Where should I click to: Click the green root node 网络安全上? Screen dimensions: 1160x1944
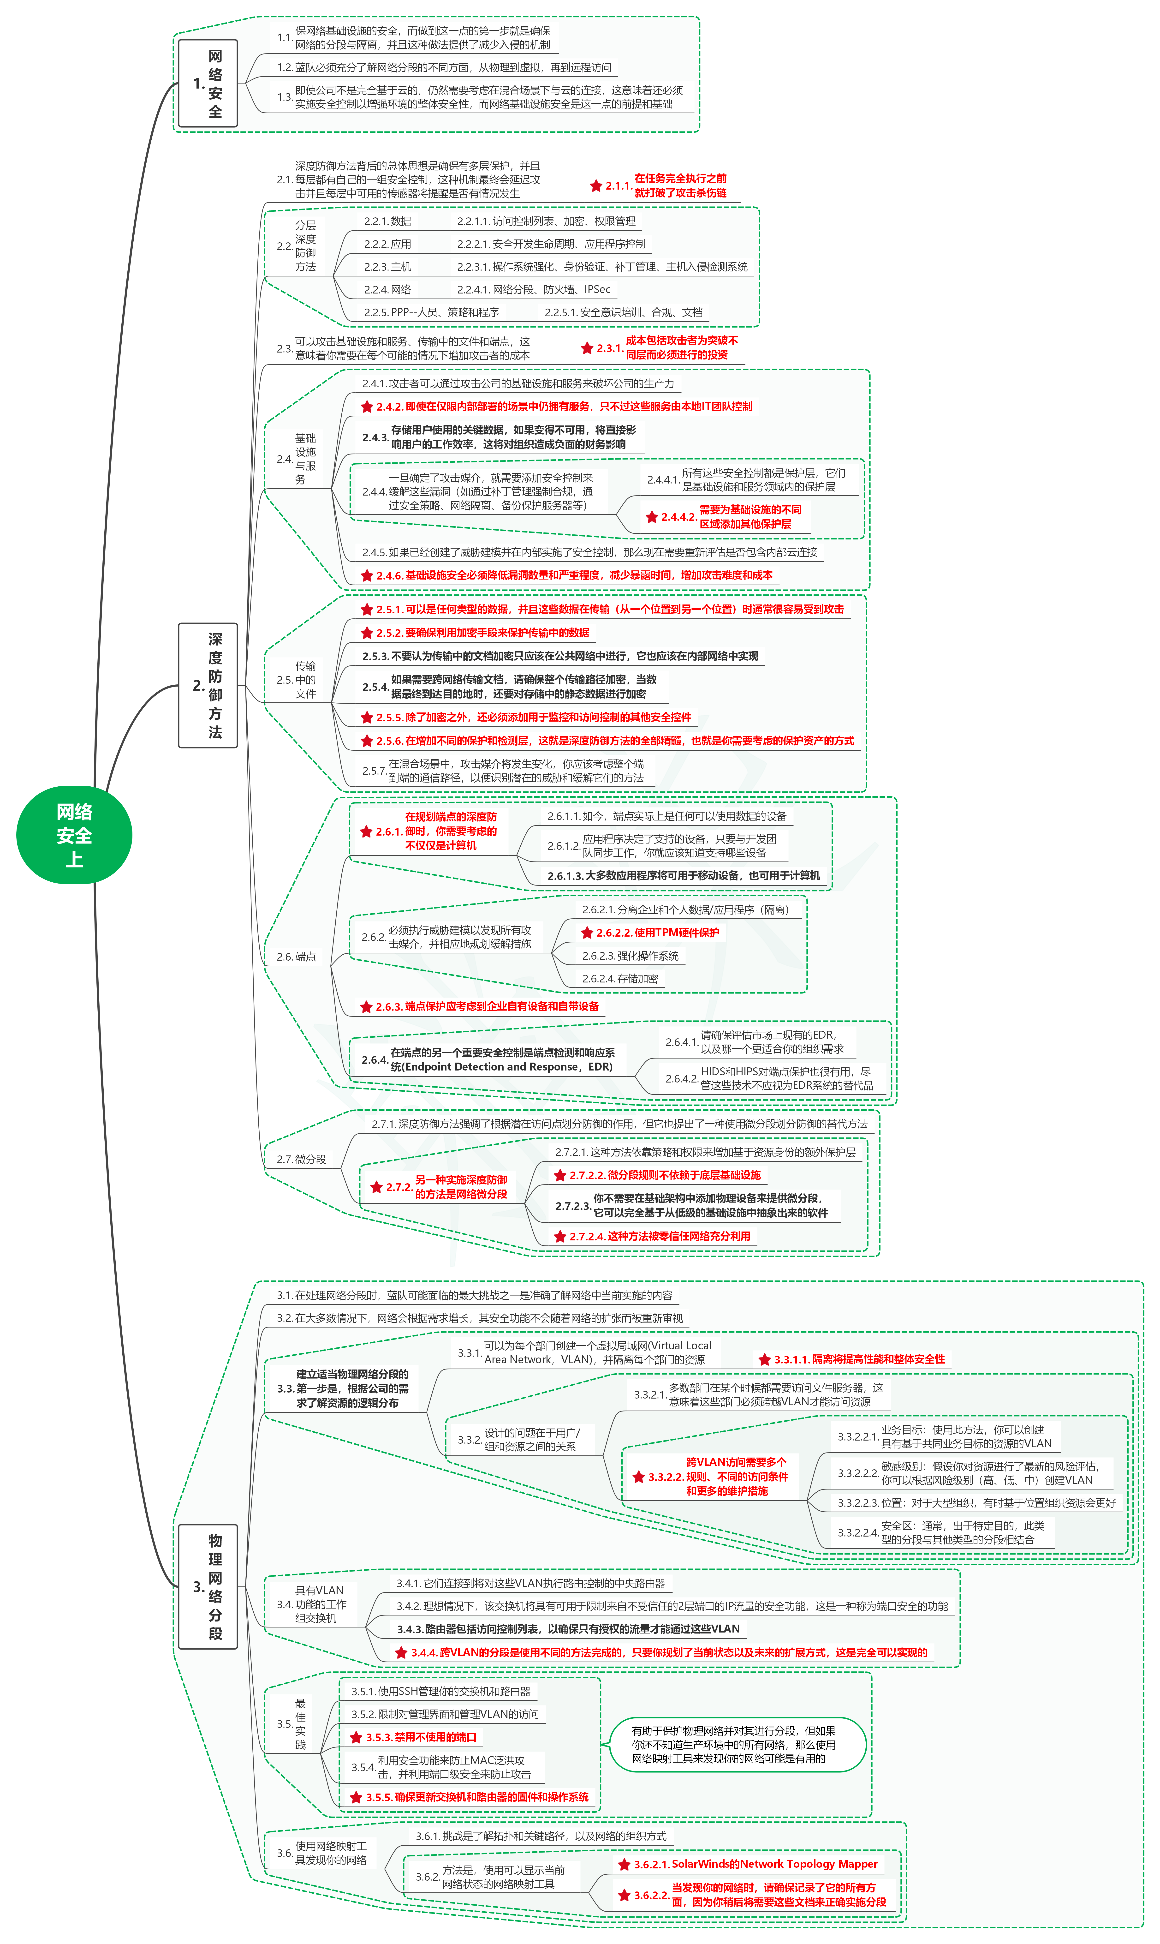click(74, 835)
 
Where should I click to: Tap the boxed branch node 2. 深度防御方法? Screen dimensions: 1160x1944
click(208, 686)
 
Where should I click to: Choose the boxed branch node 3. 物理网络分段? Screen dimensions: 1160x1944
click(208, 1587)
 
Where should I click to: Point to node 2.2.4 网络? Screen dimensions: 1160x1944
click(388, 289)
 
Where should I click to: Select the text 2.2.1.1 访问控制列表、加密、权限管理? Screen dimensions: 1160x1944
click(546, 221)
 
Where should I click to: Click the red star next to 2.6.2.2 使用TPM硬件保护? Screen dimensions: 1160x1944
click(587, 933)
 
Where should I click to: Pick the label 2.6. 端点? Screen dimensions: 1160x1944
click(296, 957)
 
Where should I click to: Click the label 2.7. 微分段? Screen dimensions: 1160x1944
click(301, 1159)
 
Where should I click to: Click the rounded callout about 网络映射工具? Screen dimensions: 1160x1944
click(737, 1745)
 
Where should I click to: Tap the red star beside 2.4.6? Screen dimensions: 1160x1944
click(367, 575)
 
